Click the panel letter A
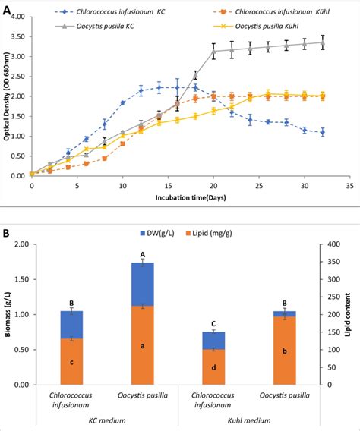point(7,9)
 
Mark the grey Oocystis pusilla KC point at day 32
point(322,42)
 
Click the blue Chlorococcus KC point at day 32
point(322,132)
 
